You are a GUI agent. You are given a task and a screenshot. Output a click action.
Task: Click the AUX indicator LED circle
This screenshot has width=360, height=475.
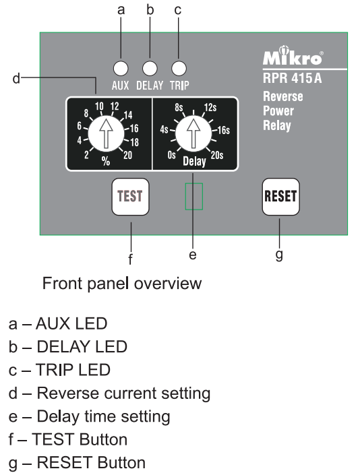point(121,68)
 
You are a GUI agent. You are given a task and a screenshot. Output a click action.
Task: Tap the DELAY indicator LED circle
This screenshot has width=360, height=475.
point(150,68)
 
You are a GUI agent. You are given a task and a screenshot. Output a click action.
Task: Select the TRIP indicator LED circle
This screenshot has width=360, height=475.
point(179,68)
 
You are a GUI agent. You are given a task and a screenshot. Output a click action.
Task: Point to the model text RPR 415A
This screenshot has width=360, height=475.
point(292,78)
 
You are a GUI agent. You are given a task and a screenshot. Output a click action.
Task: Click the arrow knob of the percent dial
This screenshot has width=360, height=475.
point(106,133)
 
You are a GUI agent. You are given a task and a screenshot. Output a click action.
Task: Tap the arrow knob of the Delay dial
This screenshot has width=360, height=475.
point(193,133)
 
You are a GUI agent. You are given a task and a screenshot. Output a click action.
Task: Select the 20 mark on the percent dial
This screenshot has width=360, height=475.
point(127,155)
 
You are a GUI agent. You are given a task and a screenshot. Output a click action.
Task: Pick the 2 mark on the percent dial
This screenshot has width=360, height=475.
point(87,155)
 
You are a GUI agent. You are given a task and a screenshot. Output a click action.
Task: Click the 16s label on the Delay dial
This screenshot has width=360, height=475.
point(223,130)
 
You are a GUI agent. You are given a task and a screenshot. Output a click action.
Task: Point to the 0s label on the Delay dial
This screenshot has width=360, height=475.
point(171,155)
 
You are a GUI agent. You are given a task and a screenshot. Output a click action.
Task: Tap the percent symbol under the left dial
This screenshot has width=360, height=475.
point(106,161)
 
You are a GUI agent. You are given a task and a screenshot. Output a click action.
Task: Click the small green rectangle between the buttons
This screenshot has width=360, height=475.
point(194,196)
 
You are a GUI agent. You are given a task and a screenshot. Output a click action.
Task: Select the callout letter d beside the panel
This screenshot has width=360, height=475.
point(16,78)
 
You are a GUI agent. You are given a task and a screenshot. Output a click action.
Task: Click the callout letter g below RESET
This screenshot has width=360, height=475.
point(279,255)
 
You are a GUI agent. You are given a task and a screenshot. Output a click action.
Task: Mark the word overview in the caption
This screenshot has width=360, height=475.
point(168,284)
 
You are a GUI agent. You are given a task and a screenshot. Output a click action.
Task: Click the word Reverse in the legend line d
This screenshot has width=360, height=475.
point(67,393)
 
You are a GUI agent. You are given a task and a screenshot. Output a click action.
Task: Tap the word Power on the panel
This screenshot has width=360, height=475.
point(278,111)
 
